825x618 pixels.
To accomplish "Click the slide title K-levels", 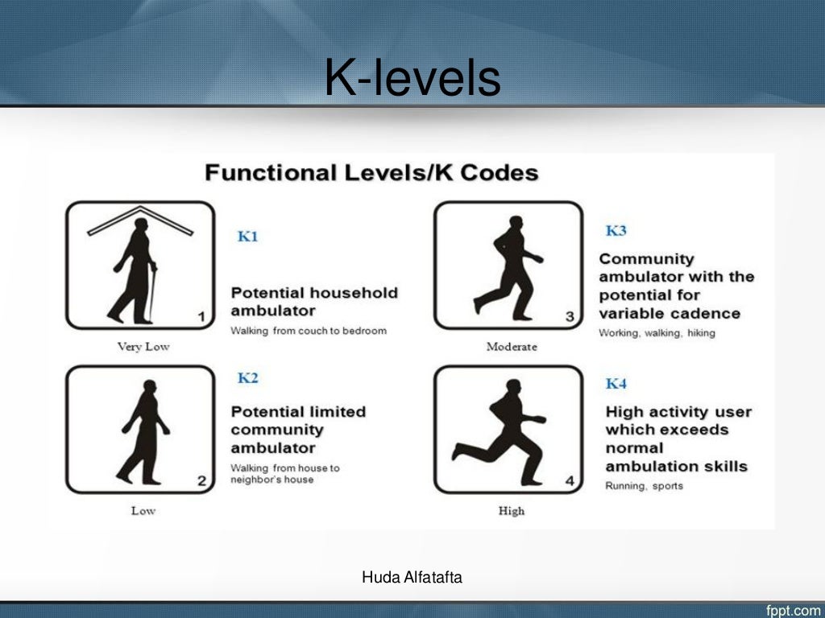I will coord(412,80).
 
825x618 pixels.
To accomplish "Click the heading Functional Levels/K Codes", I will coord(371,173).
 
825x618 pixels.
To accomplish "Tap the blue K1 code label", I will coord(248,237).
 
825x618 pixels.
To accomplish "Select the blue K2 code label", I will coord(248,378).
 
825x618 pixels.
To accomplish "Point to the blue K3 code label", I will coord(616,231).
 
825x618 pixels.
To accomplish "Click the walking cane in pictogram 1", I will coord(152,294).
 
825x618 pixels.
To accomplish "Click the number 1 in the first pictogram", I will coord(201,317).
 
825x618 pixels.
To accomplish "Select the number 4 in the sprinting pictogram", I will coord(570,481).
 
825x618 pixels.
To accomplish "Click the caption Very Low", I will coord(143,347).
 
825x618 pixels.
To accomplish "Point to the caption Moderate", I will coord(511,347).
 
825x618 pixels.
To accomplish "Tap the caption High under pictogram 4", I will coord(511,510).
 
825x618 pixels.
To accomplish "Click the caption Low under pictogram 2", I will coord(143,510).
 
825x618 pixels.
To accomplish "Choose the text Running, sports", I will coord(644,486).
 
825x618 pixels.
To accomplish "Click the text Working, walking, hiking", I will coord(657,333).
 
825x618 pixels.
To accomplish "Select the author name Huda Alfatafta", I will coord(412,576).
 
